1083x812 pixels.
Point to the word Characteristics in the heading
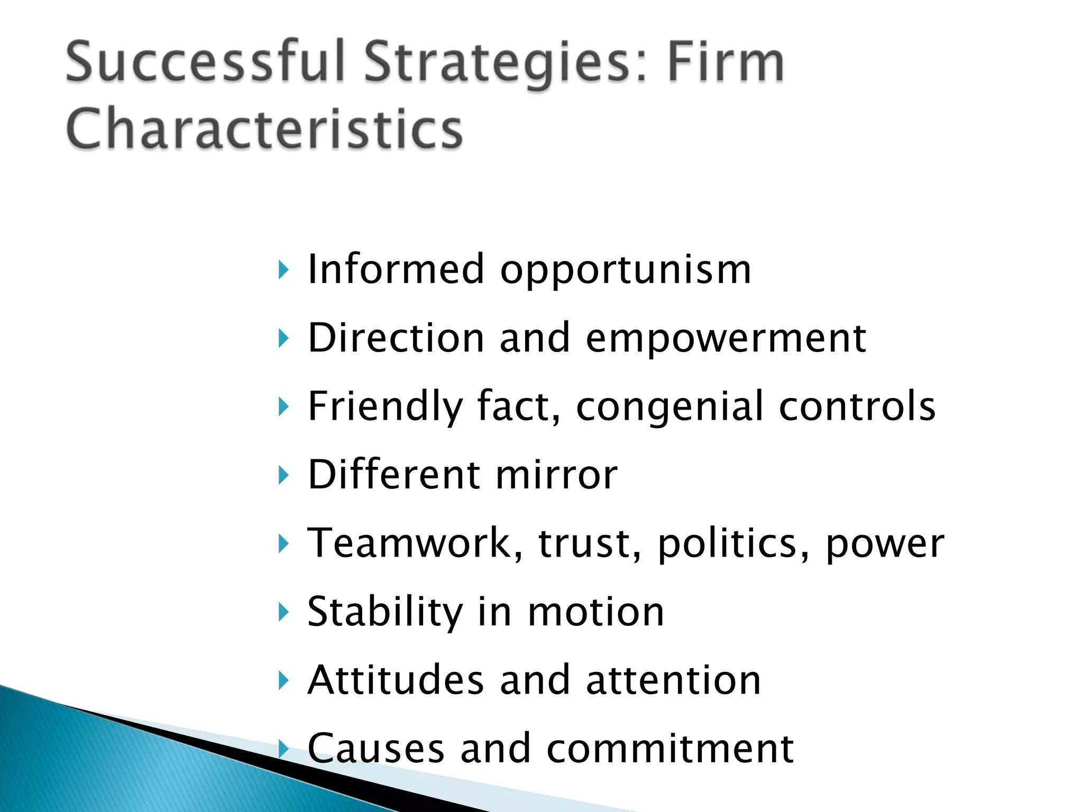tap(264, 130)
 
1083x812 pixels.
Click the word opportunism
tap(626, 271)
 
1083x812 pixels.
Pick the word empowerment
tap(726, 339)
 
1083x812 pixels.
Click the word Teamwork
tap(415, 543)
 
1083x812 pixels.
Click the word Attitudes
tap(396, 680)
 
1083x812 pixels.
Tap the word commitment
tap(670, 749)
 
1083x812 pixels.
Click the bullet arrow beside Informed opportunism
tap(284, 270)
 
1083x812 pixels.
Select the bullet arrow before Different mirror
tap(284, 475)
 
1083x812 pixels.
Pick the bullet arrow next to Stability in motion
tap(284, 612)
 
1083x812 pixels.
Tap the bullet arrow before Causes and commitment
tap(284, 749)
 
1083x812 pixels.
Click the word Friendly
tap(385, 407)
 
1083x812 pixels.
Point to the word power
tap(885, 544)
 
